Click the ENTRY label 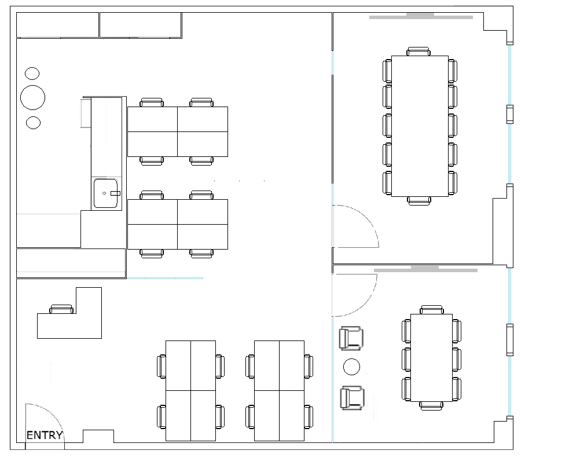pyautogui.click(x=45, y=435)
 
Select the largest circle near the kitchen pyautogui.click(x=32, y=97)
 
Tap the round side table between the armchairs pyautogui.click(x=351, y=367)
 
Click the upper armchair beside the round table pyautogui.click(x=351, y=338)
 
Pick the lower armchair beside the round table pyautogui.click(x=352, y=398)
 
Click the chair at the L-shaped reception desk pyautogui.click(x=61, y=309)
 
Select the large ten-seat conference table pyautogui.click(x=420, y=126)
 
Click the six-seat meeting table pyautogui.click(x=431, y=357)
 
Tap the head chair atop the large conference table pyautogui.click(x=419, y=51)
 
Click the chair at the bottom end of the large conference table pyautogui.click(x=419, y=201)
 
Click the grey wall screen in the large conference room pyautogui.click(x=421, y=16)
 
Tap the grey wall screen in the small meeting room pyautogui.click(x=425, y=269)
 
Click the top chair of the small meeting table pyautogui.click(x=432, y=310)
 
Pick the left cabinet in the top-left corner pyautogui.click(x=58, y=25)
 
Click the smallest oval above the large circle pyautogui.click(x=32, y=74)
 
